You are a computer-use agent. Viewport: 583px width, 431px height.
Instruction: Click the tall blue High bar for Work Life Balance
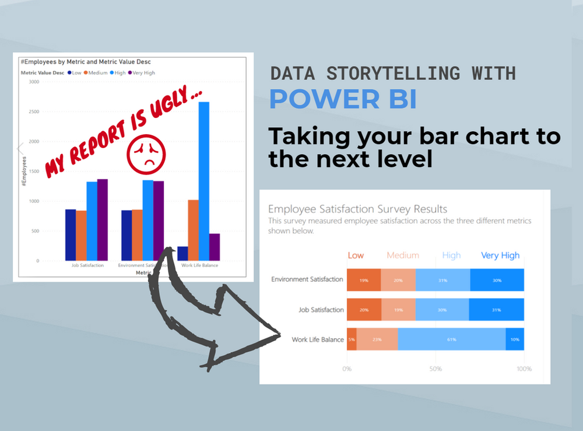pyautogui.click(x=203, y=181)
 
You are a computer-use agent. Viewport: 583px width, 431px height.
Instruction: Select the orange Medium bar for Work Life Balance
pyautogui.click(x=193, y=230)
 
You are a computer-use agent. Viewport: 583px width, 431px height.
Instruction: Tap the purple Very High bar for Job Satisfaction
pyautogui.click(x=103, y=219)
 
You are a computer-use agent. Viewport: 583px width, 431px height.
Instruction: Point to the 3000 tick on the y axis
pyautogui.click(x=33, y=82)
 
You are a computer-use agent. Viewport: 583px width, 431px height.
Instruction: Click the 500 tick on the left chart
pyautogui.click(x=34, y=231)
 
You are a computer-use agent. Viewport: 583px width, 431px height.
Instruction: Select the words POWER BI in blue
pyautogui.click(x=343, y=100)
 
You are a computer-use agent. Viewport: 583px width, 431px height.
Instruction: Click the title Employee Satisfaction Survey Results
pyautogui.click(x=357, y=209)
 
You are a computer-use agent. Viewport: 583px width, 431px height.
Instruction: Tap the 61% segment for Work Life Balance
pyautogui.click(x=452, y=339)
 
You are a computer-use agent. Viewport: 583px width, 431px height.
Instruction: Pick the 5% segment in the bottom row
pyautogui.click(x=352, y=339)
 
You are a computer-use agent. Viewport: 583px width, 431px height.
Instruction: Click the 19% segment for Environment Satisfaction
pyautogui.click(x=364, y=280)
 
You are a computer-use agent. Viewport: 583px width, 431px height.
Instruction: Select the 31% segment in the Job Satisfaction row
pyautogui.click(x=496, y=310)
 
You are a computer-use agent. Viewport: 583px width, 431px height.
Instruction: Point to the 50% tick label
pyautogui.click(x=436, y=369)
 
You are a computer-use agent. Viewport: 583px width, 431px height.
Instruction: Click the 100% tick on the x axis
pyautogui.click(x=524, y=369)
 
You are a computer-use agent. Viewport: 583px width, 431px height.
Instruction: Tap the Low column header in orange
pyautogui.click(x=356, y=255)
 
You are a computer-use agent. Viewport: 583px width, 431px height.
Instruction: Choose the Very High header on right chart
pyautogui.click(x=500, y=255)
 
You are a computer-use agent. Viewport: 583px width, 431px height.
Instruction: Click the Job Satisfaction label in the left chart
pyautogui.click(x=87, y=265)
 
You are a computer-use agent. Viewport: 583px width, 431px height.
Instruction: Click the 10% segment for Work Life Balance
pyautogui.click(x=515, y=339)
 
